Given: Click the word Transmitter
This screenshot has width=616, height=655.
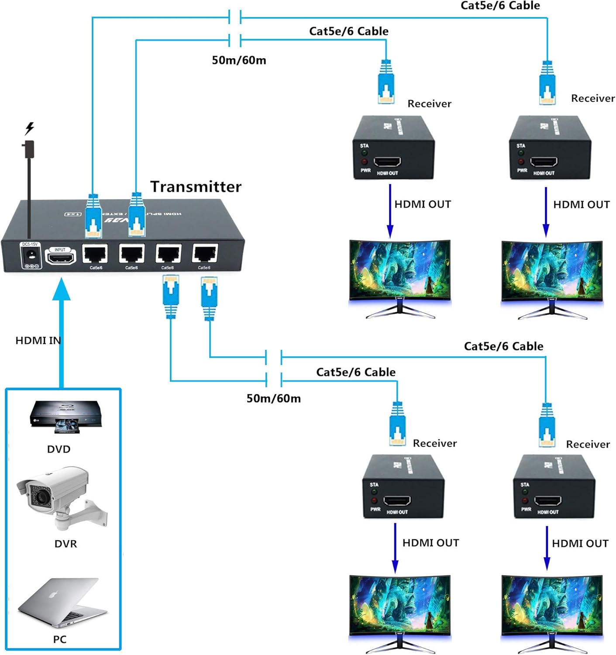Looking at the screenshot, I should [196, 187].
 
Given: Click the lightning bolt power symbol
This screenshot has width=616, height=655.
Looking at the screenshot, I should [29, 128].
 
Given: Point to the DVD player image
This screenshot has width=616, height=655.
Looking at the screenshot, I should [65, 417].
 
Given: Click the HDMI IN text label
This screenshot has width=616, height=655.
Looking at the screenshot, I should [38, 341].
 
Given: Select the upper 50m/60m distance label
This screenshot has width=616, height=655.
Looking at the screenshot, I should [239, 60].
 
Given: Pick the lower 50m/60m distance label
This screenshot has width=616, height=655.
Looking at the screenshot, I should [273, 398].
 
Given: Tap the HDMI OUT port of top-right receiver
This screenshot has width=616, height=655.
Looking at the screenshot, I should [544, 162].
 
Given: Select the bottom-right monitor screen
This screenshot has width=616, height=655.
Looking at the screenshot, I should [552, 605].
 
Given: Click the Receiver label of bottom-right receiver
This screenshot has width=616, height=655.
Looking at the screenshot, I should [588, 445].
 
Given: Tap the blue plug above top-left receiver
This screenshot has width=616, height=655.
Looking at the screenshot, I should [386, 83].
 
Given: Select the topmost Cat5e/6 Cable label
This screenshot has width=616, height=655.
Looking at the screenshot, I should [500, 6].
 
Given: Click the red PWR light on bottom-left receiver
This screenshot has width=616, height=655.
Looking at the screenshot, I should [374, 500].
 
